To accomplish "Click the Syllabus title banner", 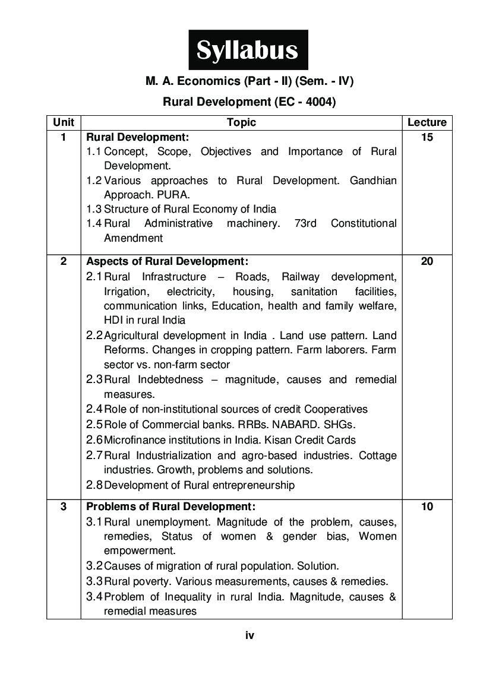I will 248,50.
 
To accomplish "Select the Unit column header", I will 64,122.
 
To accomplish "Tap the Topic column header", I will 241,122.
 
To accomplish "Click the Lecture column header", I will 427,122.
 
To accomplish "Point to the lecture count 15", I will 427,137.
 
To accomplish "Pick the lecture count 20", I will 427,261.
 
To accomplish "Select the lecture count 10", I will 427,507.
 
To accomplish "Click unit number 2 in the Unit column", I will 64,261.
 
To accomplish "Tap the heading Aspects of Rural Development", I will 167,261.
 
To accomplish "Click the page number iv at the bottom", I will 249,635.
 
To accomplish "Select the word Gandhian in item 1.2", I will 373,180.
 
